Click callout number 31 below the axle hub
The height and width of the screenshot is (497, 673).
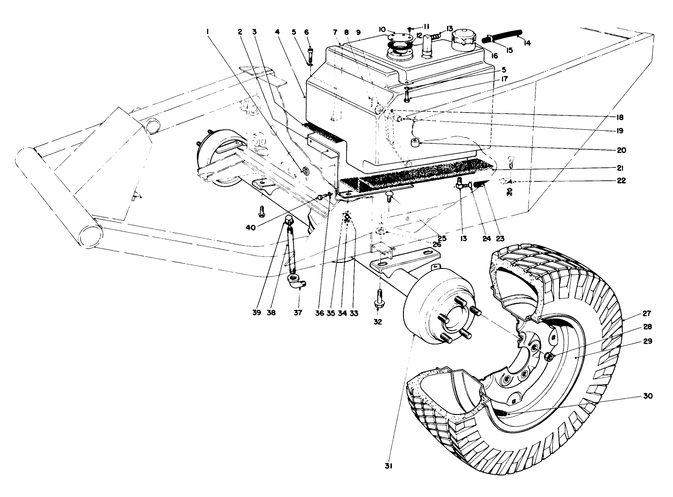click(389, 467)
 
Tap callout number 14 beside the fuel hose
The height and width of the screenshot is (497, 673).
click(527, 43)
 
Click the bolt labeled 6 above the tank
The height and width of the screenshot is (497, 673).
click(310, 52)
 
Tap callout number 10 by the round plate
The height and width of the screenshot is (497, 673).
click(383, 29)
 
